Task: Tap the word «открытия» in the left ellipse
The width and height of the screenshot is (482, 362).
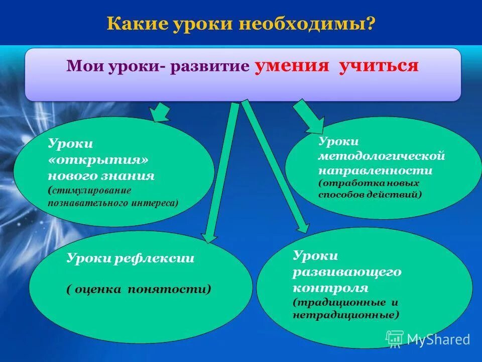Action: click(x=100, y=160)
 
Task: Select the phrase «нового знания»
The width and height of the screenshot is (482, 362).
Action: click(x=101, y=176)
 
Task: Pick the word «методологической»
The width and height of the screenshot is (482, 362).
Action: click(x=382, y=156)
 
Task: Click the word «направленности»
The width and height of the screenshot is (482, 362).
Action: click(x=375, y=170)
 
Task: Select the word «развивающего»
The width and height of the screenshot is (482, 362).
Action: click(x=347, y=271)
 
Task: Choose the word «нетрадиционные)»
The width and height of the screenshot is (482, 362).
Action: click(x=346, y=315)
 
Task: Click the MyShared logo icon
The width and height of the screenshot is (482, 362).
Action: click(x=395, y=339)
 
